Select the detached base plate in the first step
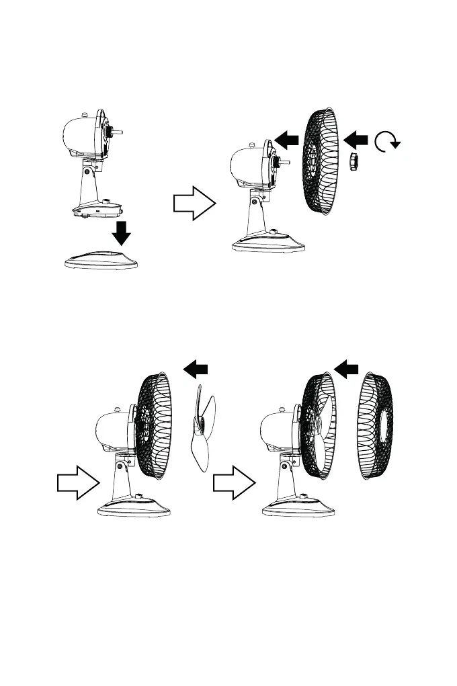[x=103, y=259]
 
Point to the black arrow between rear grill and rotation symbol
[x=356, y=139]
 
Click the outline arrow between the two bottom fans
[x=235, y=482]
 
